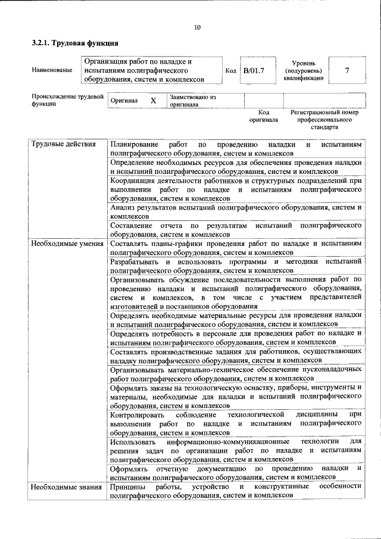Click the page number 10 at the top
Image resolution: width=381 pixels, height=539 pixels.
point(197,27)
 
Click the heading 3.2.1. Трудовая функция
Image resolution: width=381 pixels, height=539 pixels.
point(74,43)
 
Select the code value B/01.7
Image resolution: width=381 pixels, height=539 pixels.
point(253,70)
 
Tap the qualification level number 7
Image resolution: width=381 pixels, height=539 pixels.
point(346,70)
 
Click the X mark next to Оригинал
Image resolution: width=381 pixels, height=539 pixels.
point(153,101)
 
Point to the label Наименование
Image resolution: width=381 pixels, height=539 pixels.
point(52,70)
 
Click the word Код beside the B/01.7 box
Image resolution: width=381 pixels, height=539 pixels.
point(231,70)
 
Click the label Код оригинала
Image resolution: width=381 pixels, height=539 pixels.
point(264,116)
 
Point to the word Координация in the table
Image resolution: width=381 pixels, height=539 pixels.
point(135,180)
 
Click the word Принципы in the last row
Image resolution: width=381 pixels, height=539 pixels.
point(127,487)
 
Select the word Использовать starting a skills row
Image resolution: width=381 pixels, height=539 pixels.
point(133,441)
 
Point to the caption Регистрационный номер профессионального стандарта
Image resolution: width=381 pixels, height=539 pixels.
point(324,119)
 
